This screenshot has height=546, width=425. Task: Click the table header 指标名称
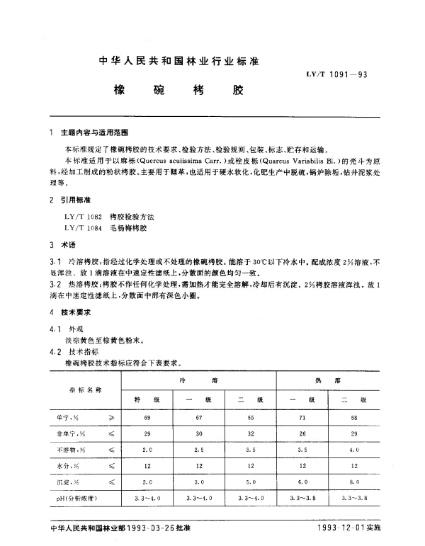(x=85, y=390)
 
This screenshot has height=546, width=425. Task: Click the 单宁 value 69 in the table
(x=147, y=419)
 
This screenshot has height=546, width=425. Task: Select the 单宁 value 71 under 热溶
(x=302, y=419)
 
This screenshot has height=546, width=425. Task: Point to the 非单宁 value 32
(x=251, y=433)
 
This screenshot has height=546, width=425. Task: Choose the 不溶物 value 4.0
(x=353, y=449)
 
